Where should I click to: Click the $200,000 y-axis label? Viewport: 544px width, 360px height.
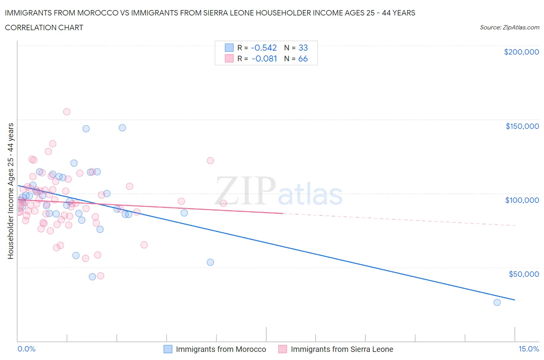pos(521,52)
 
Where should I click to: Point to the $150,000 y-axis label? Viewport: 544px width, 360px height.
pos(522,126)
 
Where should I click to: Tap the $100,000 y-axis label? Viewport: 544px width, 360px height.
pos(522,200)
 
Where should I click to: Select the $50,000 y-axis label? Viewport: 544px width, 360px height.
pos(523,274)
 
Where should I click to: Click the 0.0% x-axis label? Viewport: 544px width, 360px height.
pos(26,349)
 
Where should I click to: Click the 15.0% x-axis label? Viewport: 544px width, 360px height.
pos(529,349)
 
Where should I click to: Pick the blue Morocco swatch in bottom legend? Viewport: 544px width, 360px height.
pos(168,349)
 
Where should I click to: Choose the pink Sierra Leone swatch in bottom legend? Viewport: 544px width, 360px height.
pos(283,349)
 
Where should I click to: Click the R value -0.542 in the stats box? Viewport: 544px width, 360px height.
pos(264,48)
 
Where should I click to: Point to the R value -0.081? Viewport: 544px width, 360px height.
pos(264,58)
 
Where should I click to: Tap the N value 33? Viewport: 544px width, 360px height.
pos(303,48)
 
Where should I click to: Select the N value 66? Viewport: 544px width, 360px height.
pos(303,58)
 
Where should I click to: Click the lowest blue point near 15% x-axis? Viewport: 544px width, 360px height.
pos(497,302)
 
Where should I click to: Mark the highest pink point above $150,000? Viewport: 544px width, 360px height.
pos(67,112)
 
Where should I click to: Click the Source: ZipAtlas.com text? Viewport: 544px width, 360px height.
pos(509,27)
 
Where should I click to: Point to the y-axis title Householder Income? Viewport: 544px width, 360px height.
pos(10,191)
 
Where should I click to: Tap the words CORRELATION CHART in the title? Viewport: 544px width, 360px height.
pos(44,27)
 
